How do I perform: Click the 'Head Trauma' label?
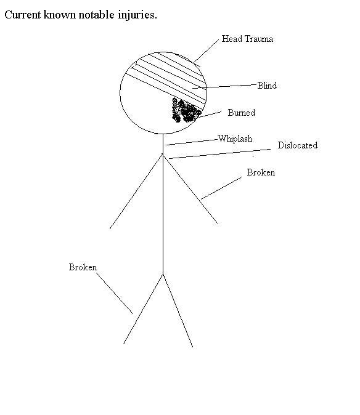click(247, 39)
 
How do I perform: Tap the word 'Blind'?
click(267, 86)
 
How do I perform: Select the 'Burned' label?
click(241, 113)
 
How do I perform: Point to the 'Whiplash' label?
click(235, 139)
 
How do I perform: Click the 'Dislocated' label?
click(298, 145)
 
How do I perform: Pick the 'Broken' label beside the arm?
click(261, 172)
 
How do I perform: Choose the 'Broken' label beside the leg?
click(83, 267)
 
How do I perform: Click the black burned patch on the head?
click(186, 110)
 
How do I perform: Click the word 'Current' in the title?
click(23, 15)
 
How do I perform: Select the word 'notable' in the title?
click(96, 15)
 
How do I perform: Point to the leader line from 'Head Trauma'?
click(206, 52)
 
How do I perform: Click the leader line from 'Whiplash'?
click(192, 142)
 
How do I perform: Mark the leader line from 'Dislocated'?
click(219, 154)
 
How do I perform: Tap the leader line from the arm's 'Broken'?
click(221, 188)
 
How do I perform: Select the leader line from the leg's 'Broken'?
click(115, 294)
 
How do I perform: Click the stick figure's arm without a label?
click(136, 191)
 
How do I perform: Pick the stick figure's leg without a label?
click(178, 310)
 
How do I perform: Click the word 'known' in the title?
click(60, 15)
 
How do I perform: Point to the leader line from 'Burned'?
click(210, 115)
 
